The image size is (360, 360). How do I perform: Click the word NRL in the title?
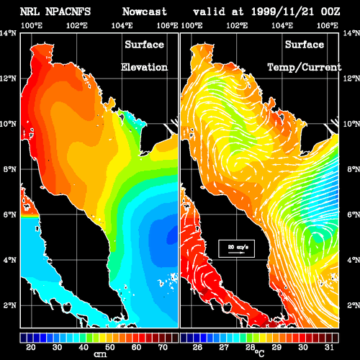(30, 12)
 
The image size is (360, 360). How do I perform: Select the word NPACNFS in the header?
(68, 12)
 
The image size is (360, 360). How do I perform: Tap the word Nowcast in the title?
(145, 12)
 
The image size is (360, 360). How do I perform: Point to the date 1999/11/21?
(282, 12)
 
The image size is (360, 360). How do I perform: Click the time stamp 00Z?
(330, 12)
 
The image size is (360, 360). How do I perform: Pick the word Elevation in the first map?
(144, 67)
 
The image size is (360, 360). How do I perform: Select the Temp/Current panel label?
(305, 68)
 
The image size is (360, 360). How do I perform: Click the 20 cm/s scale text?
(238, 247)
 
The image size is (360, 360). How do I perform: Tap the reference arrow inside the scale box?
(236, 253)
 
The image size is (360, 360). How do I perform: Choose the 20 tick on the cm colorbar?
(31, 347)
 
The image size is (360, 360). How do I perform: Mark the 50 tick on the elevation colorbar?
(109, 347)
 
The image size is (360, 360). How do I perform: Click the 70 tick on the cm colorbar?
(163, 347)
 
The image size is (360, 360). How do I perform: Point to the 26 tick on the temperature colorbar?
(197, 347)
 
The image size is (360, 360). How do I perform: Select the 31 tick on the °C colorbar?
(329, 347)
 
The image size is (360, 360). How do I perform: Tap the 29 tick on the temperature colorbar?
(276, 347)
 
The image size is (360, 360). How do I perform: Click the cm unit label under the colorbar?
(100, 354)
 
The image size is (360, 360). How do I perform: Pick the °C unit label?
(259, 354)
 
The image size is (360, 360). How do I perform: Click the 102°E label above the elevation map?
(77, 25)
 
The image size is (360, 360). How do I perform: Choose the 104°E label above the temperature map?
(282, 25)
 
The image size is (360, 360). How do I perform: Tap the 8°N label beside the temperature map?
(354, 169)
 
